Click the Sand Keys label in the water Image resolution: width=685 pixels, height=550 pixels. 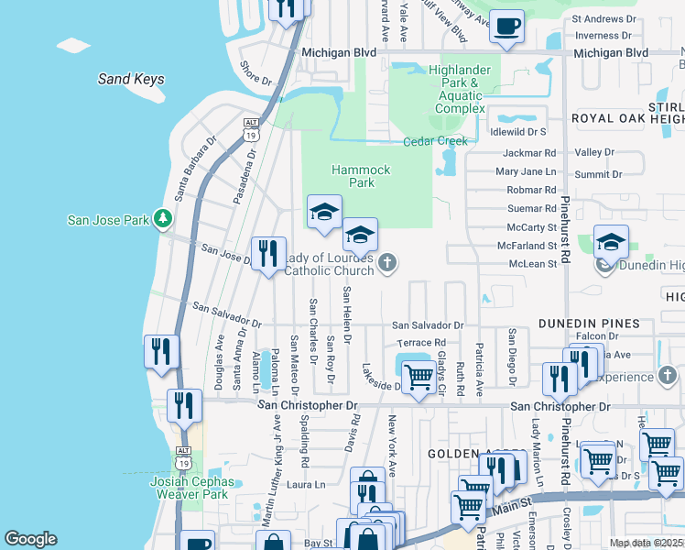(x=131, y=79)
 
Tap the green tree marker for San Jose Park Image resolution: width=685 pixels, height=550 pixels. (x=163, y=218)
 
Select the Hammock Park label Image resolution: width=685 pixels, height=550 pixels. (x=361, y=176)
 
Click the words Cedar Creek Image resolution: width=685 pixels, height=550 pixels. (x=435, y=141)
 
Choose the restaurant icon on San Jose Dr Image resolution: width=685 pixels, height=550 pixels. (x=268, y=253)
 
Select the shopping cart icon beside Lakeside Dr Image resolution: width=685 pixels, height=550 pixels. (x=419, y=376)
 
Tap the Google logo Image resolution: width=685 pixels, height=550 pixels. (x=30, y=539)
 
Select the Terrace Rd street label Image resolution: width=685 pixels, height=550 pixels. (x=420, y=343)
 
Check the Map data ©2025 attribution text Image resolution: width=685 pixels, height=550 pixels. (x=646, y=543)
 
